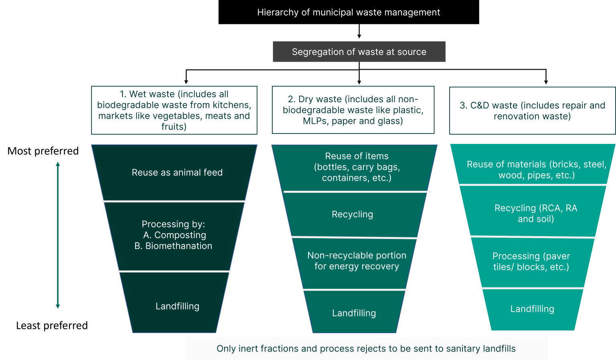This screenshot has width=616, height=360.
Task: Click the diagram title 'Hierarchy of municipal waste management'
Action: pyautogui.click(x=349, y=12)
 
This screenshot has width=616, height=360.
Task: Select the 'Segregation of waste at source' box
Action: pyautogui.click(x=359, y=52)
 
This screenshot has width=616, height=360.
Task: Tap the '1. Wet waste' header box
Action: pyautogui.click(x=174, y=110)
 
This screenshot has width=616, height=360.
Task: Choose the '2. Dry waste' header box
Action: pyautogui.click(x=353, y=110)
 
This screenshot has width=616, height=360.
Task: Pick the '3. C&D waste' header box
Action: pyautogui.click(x=532, y=111)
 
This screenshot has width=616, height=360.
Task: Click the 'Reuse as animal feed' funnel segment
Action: pyautogui.click(x=177, y=172)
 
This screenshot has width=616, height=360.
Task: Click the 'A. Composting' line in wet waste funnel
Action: pyautogui.click(x=174, y=235)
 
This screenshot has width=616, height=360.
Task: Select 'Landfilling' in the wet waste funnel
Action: pyautogui.click(x=177, y=306)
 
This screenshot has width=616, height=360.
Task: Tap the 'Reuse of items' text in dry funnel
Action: pyautogui.click(x=357, y=156)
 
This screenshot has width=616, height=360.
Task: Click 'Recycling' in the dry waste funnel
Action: pyautogui.click(x=352, y=214)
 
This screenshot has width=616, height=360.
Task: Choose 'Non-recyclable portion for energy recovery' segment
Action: pyautogui.click(x=357, y=261)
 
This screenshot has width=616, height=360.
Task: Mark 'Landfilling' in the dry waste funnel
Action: pyautogui.click(x=354, y=313)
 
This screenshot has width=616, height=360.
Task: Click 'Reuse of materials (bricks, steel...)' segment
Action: pyautogui.click(x=536, y=170)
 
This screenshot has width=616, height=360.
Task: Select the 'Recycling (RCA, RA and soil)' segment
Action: pyautogui.click(x=536, y=213)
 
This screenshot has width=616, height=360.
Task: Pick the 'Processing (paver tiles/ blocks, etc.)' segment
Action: pyautogui.click(x=531, y=261)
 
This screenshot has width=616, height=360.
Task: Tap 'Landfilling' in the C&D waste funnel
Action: pyautogui.click(x=532, y=309)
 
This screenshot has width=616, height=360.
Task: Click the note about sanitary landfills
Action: pyautogui.click(x=366, y=348)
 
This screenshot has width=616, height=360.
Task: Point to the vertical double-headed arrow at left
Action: pyautogui.click(x=58, y=235)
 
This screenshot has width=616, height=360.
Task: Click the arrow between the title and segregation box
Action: pyautogui.click(x=359, y=31)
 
